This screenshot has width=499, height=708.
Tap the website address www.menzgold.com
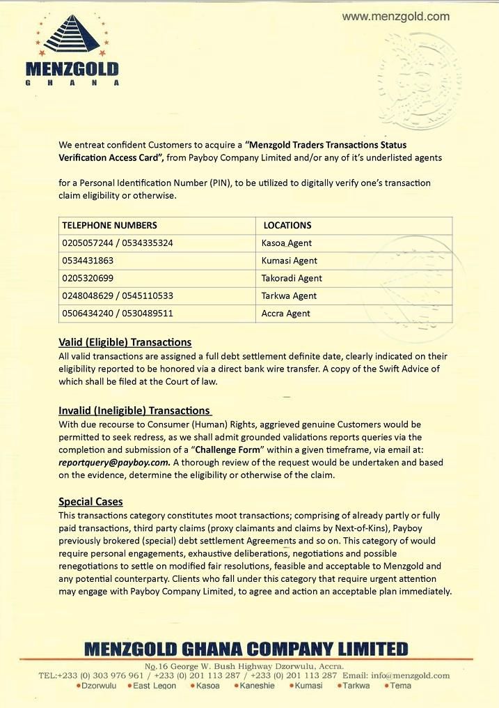click(x=396, y=17)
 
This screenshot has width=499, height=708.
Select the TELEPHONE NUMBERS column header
click(x=109, y=225)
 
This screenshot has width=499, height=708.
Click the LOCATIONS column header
click(x=287, y=225)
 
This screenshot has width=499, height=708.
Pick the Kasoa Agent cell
click(x=286, y=243)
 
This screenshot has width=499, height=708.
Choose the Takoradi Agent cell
click(x=292, y=278)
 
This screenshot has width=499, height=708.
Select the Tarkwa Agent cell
click(x=289, y=295)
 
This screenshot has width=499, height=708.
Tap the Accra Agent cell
click(x=285, y=314)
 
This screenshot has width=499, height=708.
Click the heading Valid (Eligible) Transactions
click(x=125, y=342)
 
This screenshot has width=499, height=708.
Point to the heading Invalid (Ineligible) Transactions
click(x=134, y=410)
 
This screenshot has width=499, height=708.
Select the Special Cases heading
click(x=90, y=501)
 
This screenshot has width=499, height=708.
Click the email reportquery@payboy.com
click(x=114, y=462)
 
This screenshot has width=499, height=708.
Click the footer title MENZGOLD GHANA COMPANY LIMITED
click(x=246, y=649)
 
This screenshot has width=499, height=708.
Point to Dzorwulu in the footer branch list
click(x=97, y=686)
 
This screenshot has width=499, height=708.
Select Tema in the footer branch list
click(x=400, y=686)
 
